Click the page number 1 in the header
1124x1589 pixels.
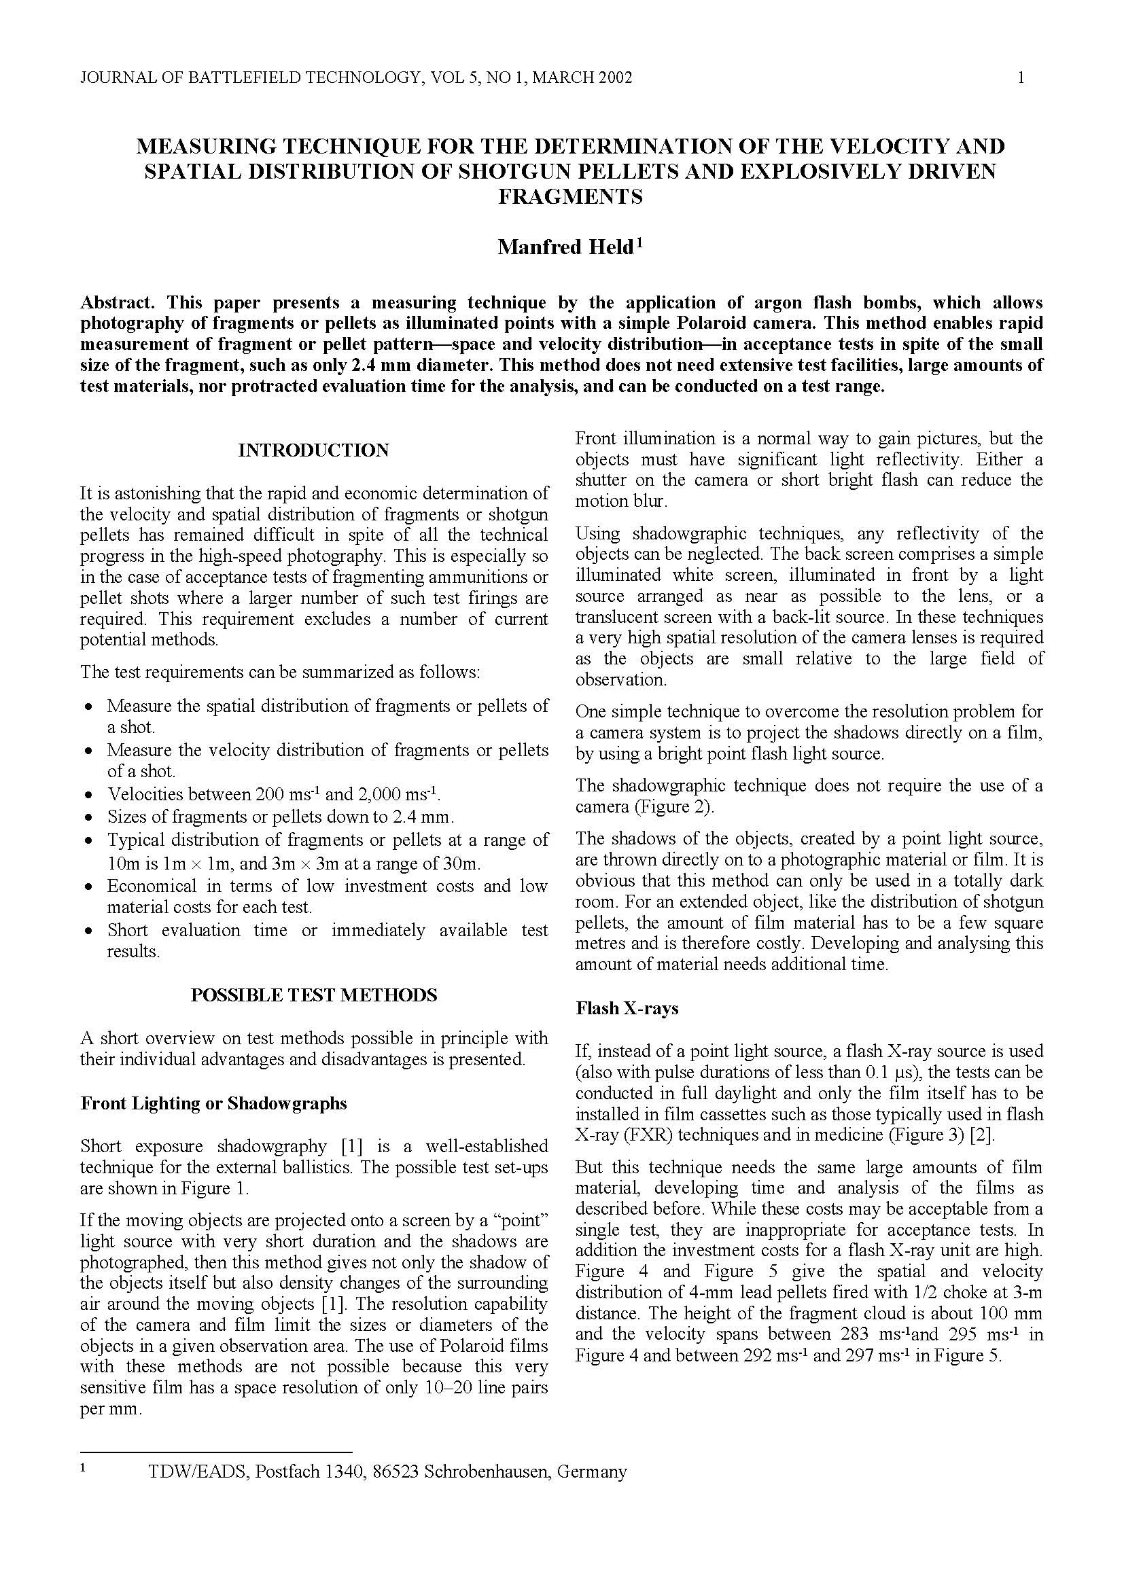pos(1021,77)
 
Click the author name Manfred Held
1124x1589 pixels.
pos(565,247)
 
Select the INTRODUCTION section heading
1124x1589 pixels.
pos(313,450)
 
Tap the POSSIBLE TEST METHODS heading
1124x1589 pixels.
pos(313,995)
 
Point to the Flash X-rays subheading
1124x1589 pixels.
pos(627,1008)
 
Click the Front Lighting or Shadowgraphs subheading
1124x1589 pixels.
pos(213,1103)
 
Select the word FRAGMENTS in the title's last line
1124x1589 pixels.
pos(569,197)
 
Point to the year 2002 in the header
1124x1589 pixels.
pos(614,77)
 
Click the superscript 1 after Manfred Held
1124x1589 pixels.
pos(640,243)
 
